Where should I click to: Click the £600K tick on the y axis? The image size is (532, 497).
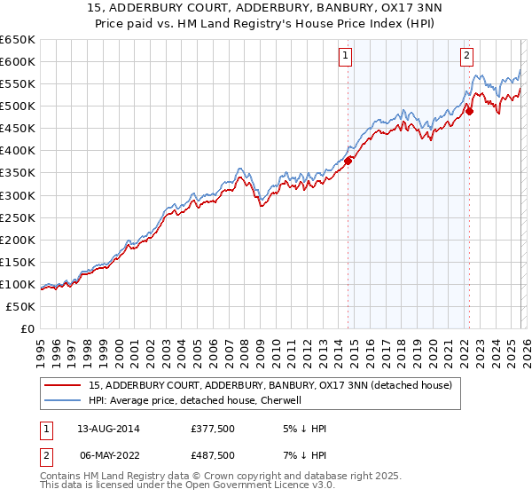pos(18,61)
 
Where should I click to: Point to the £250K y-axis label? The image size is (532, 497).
pos(18,217)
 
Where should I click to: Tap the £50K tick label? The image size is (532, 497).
pos(21,306)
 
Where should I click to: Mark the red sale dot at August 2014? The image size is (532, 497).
pos(348,161)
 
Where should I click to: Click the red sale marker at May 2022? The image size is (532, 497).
pos(470,111)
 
